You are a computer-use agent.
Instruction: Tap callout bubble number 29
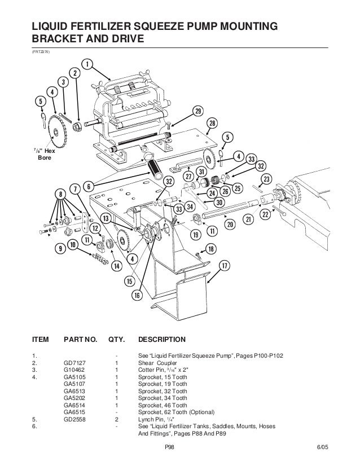pyautogui.click(x=197, y=110)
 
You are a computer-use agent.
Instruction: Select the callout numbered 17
pyautogui.click(x=224, y=265)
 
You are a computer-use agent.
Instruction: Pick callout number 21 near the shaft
pyautogui.click(x=247, y=218)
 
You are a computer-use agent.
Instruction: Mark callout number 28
pyautogui.click(x=212, y=123)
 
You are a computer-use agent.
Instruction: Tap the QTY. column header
pyautogui.click(x=115, y=340)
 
